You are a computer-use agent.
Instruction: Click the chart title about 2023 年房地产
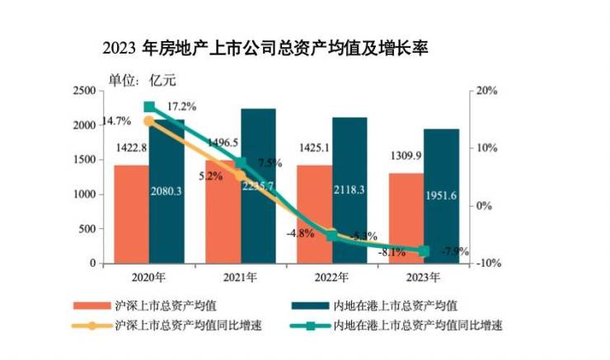[x=265, y=48]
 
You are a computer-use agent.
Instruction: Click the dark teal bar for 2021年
[x=258, y=189]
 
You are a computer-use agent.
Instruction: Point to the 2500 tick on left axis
[x=85, y=91]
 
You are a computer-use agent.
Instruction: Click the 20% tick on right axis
[x=487, y=91]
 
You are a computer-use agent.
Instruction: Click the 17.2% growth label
[x=182, y=107]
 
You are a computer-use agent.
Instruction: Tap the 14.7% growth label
[x=116, y=121]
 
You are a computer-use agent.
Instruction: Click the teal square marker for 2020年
[x=149, y=107]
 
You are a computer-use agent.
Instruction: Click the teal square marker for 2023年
[x=424, y=250]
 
